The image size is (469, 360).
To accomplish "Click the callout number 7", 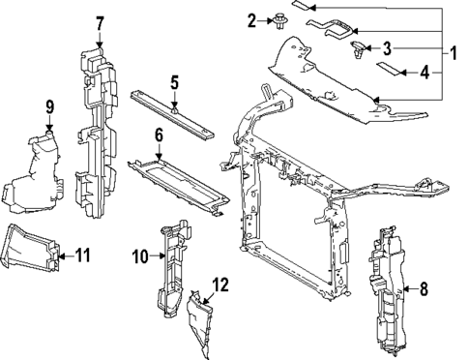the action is click(x=100, y=24).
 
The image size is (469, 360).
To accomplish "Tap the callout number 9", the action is click(x=49, y=107).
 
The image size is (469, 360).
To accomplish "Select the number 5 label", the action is click(x=174, y=82).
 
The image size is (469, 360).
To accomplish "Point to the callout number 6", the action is click(x=159, y=135).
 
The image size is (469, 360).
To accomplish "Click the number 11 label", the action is click(x=83, y=255).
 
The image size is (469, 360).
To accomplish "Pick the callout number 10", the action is click(x=140, y=256).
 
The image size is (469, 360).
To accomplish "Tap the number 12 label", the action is click(x=220, y=285).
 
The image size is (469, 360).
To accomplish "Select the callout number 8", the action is click(x=424, y=289).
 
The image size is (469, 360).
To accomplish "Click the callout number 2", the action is click(x=251, y=20).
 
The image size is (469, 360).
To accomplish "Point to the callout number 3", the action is click(x=387, y=48).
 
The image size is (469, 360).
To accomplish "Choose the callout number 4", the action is click(x=425, y=73).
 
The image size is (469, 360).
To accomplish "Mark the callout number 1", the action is click(x=454, y=53).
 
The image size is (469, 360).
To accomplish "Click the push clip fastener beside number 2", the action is click(x=278, y=21).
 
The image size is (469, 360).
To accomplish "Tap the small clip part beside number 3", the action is click(x=358, y=49).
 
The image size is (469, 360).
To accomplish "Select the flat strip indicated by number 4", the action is click(x=389, y=69).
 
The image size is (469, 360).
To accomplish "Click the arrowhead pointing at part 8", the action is click(x=406, y=289).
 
